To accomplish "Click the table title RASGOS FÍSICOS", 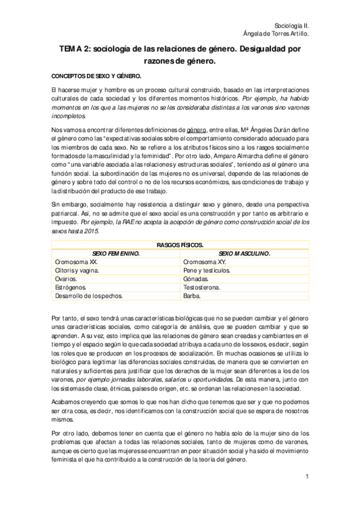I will tap(180, 245).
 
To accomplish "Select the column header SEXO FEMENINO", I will tap(115, 253).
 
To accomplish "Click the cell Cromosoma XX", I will tap(76, 262).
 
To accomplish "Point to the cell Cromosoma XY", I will tap(205, 262).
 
